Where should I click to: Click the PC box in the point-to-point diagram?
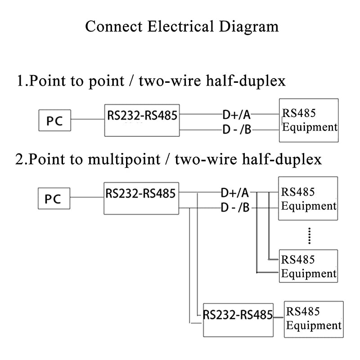tap(54, 120)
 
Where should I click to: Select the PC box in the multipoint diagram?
tap(54, 198)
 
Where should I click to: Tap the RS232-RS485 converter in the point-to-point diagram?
tap(142, 120)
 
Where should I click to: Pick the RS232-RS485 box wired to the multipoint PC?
tap(141, 198)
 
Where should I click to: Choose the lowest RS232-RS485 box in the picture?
tap(238, 319)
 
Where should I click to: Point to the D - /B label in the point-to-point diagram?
tap(237, 130)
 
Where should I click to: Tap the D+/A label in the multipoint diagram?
tap(235, 193)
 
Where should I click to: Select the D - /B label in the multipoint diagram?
tap(235, 208)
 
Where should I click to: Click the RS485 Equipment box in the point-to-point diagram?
tap(309, 120)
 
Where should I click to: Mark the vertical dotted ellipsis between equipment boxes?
tap(309, 235)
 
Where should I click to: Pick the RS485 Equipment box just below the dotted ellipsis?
tap(308, 266)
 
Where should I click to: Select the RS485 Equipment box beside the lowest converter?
tap(314, 319)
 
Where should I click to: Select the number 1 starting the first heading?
tap(20, 81)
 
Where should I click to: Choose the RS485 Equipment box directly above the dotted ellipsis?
tap(308, 198)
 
